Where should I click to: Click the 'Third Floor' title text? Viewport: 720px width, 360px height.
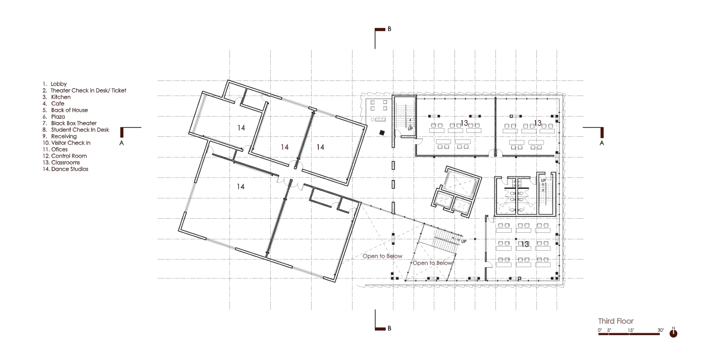616,321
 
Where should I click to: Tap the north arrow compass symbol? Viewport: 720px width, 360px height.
673,333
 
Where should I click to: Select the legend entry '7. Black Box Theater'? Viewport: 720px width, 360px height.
70,123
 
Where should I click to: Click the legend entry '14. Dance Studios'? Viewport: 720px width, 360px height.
65,169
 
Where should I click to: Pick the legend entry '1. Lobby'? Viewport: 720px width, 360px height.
55,84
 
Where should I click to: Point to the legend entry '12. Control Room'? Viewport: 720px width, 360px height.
65,156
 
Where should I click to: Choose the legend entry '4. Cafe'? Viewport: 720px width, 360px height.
53,104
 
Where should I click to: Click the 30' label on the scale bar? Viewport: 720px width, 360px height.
661,330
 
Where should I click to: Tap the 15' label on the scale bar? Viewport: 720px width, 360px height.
631,330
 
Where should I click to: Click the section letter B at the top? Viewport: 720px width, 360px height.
389,29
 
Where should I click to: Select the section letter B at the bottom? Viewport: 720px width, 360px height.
389,328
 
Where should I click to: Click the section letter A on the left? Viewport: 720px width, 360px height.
122,143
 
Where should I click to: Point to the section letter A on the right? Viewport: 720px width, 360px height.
602,143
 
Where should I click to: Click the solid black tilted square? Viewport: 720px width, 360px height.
382,133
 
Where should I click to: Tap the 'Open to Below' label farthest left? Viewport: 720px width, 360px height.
382,256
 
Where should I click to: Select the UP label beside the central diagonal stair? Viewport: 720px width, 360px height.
464,242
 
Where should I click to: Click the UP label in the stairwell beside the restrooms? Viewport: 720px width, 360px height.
544,180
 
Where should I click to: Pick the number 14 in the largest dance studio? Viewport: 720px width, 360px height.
240,187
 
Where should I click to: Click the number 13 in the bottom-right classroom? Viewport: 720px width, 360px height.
525,244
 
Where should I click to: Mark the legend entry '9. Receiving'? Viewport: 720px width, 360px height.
60,136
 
